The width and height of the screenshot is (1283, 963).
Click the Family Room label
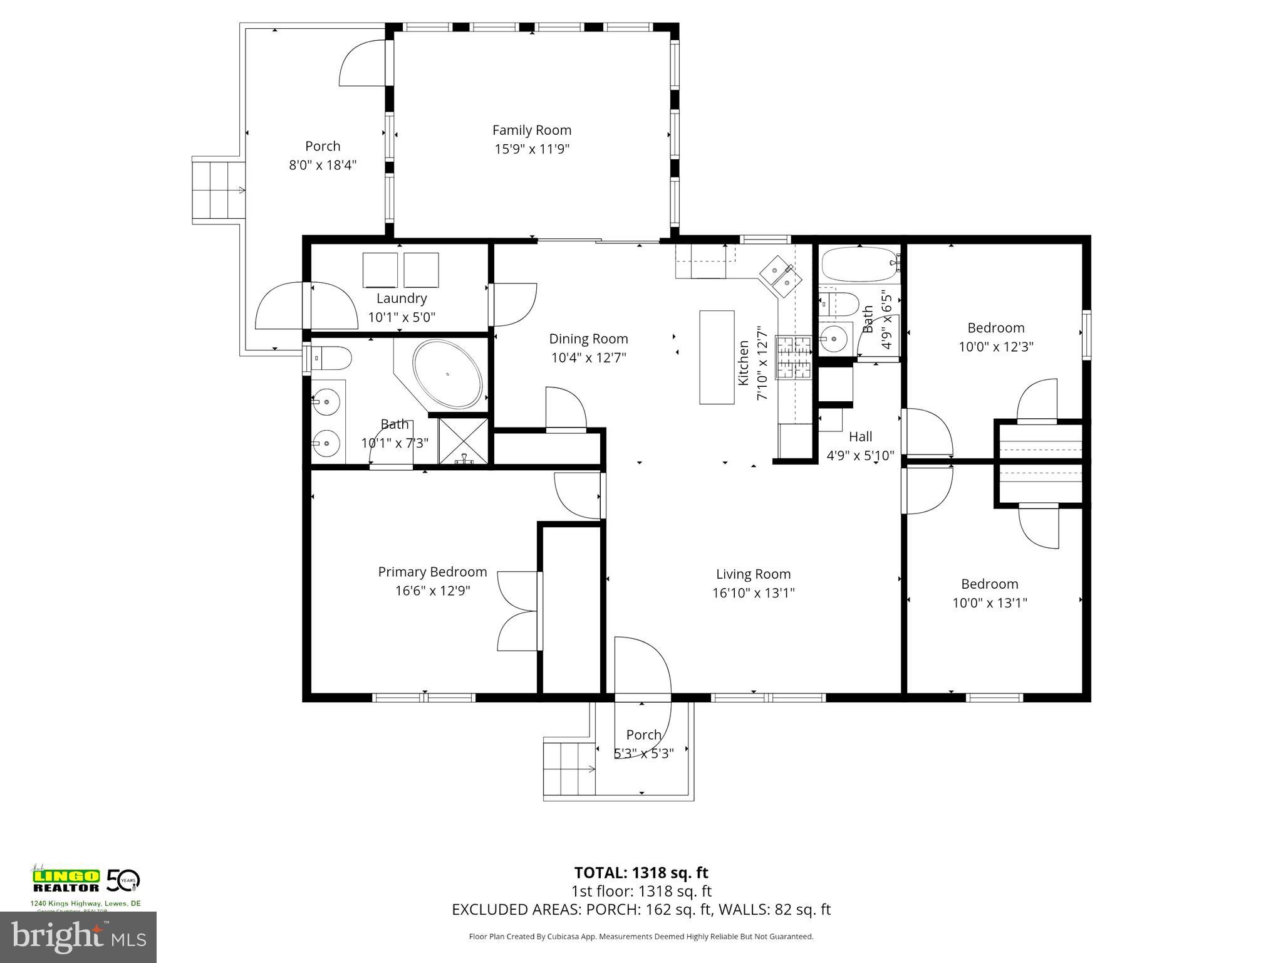tap(531, 130)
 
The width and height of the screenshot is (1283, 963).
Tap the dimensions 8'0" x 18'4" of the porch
tap(323, 165)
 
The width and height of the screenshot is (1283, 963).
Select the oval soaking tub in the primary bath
tap(447, 374)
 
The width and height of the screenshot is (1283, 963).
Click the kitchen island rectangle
tap(717, 357)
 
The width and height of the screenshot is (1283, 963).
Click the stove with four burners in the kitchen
tap(794, 357)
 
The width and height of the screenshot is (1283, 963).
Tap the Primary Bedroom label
tap(432, 572)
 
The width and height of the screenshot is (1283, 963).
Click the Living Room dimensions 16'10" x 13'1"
tap(753, 592)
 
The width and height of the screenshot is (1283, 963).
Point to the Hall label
tap(860, 436)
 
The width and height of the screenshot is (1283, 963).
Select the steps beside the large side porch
tap(217, 189)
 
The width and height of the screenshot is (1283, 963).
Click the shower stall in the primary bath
tap(464, 441)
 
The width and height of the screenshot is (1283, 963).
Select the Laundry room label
tap(402, 298)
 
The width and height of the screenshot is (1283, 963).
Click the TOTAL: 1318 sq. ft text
tap(641, 873)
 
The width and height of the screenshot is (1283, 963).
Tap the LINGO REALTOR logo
tap(66, 880)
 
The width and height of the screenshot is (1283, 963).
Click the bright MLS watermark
tap(78, 937)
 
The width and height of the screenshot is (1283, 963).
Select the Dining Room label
tap(588, 339)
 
